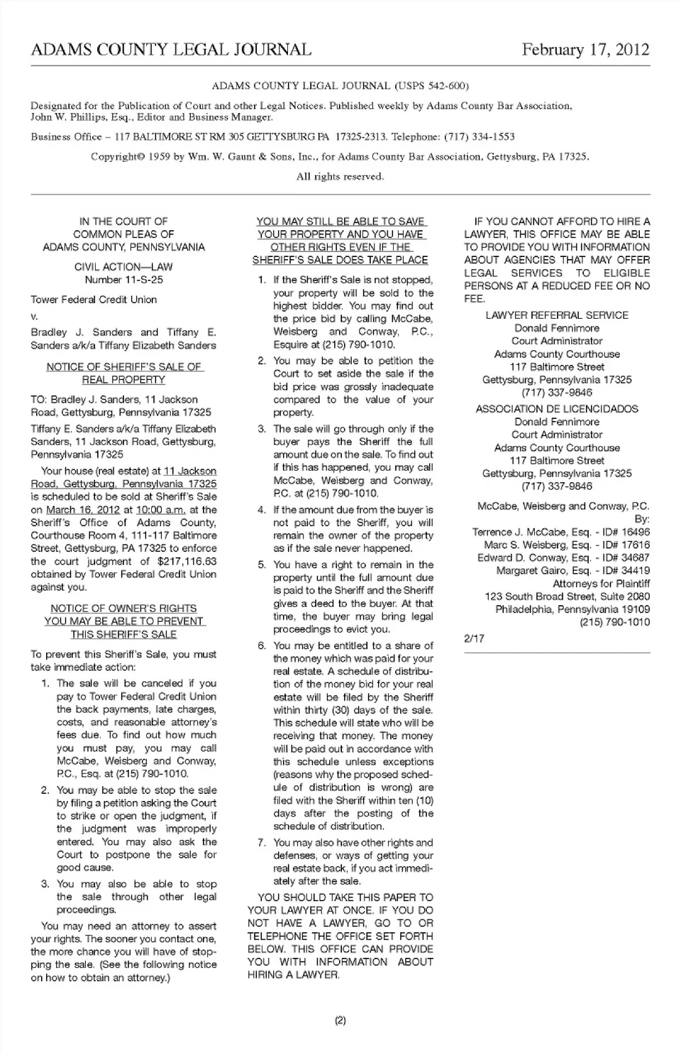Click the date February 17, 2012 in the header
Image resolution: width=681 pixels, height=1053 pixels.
[585, 50]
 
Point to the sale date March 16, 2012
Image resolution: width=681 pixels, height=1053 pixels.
[83, 510]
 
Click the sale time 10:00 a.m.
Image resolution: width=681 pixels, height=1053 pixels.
[160, 510]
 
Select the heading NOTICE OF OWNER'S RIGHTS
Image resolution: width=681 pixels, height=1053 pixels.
[123, 609]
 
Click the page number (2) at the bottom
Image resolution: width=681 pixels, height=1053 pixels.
[340, 1021]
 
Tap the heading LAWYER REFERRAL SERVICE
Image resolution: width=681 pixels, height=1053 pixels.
[557, 315]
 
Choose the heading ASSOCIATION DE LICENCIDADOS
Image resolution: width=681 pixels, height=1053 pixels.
[557, 409]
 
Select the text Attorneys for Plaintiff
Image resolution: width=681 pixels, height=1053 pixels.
[601, 584]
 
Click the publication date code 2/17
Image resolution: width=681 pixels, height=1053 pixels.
[474, 638]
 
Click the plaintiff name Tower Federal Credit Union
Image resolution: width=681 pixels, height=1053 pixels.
[94, 300]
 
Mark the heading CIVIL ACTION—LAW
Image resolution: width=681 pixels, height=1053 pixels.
[123, 267]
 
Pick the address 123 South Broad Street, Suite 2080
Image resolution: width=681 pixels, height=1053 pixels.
[567, 596]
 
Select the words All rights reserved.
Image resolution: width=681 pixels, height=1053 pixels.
[340, 176]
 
